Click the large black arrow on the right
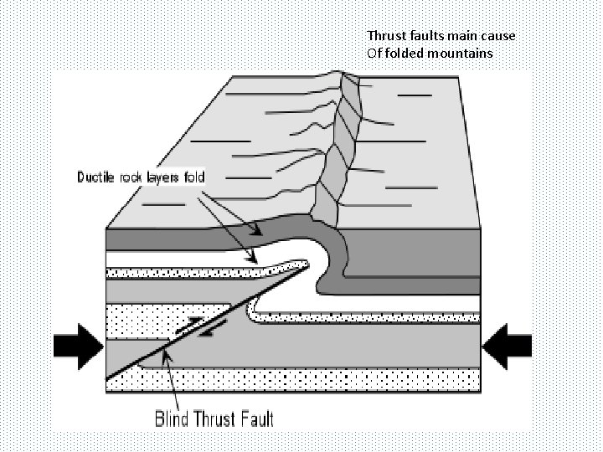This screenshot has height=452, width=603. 508,345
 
